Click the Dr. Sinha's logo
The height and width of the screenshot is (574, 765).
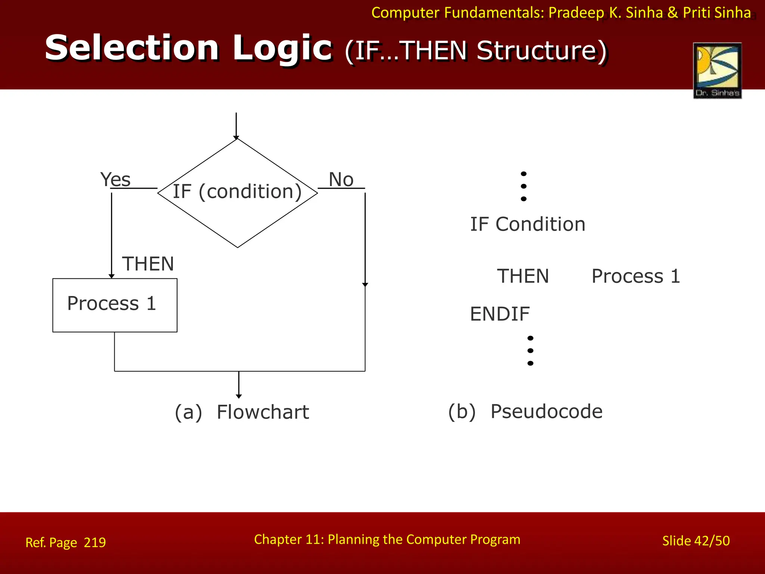pyautogui.click(x=717, y=70)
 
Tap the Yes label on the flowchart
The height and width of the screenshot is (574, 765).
pyautogui.click(x=115, y=179)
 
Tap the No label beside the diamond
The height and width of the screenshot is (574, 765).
pyautogui.click(x=341, y=179)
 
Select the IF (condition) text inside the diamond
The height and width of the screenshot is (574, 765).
pyautogui.click(x=237, y=191)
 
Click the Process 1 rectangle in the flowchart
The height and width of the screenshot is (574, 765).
pyautogui.click(x=115, y=305)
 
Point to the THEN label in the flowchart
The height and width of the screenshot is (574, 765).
pyautogui.click(x=148, y=264)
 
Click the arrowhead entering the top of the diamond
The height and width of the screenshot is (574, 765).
pyautogui.click(x=236, y=138)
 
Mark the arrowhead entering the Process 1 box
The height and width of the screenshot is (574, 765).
pyautogui.click(x=111, y=276)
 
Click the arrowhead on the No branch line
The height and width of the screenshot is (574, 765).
pyautogui.click(x=365, y=285)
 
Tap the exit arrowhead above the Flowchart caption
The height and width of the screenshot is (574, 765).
pyautogui.click(x=239, y=396)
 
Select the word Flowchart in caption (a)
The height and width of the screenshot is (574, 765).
pyautogui.click(x=263, y=412)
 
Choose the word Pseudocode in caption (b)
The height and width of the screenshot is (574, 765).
pyautogui.click(x=546, y=411)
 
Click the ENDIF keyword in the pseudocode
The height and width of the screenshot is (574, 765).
pyautogui.click(x=499, y=314)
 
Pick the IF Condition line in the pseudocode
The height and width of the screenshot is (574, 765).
pyautogui.click(x=527, y=224)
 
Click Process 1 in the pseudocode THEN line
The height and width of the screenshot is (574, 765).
pyautogui.click(x=636, y=276)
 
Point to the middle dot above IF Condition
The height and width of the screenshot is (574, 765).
pyautogui.click(x=524, y=186)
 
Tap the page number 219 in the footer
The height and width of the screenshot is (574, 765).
pyautogui.click(x=95, y=542)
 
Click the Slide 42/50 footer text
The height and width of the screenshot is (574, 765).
pyautogui.click(x=696, y=541)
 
